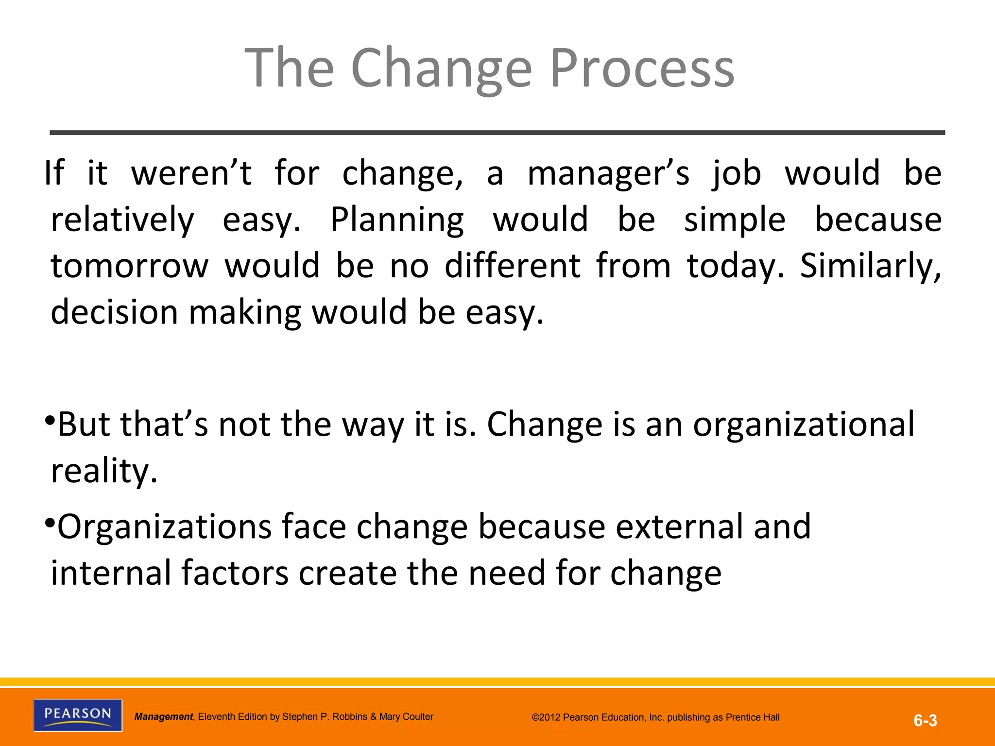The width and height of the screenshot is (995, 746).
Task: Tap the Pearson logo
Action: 78,715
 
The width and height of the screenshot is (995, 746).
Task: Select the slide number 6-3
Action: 925,720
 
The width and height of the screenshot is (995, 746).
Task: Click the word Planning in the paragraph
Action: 397,220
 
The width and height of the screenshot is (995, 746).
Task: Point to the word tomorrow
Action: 129,266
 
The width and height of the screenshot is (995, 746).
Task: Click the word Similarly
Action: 870,266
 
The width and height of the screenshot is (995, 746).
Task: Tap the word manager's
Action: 608,173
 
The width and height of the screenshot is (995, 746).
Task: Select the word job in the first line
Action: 737,173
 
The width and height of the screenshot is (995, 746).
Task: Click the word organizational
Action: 804,424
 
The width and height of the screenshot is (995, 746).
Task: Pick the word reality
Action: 104,471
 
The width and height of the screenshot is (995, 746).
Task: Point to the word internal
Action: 111,573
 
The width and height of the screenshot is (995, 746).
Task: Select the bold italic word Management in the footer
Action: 163,716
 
